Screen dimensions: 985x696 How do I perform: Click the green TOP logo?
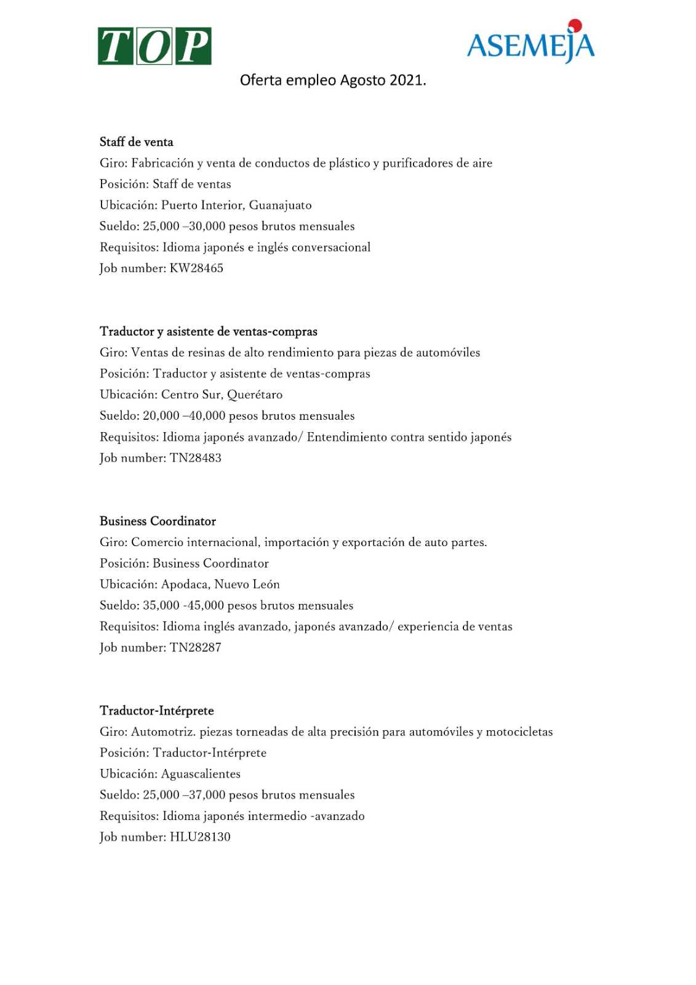click(x=154, y=46)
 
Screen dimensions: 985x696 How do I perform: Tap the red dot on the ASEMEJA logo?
click(x=575, y=25)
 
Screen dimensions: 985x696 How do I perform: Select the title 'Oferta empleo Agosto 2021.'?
click(x=332, y=80)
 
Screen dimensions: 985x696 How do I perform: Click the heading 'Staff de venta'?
click(x=137, y=142)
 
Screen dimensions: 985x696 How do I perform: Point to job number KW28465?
click(x=196, y=268)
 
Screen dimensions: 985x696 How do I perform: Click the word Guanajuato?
click(x=280, y=206)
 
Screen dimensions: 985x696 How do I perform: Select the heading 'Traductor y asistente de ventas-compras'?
click(x=209, y=332)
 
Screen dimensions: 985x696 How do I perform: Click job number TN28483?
click(x=196, y=458)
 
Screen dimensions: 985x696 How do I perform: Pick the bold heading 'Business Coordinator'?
click(x=158, y=521)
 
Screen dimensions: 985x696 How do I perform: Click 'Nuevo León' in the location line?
click(x=247, y=585)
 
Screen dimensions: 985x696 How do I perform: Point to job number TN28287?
click(x=196, y=648)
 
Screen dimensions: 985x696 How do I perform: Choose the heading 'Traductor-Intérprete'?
click(x=157, y=711)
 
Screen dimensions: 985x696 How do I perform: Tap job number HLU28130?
click(x=200, y=837)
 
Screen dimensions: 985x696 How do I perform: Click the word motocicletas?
click(x=519, y=732)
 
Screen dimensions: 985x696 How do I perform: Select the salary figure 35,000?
click(x=161, y=606)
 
